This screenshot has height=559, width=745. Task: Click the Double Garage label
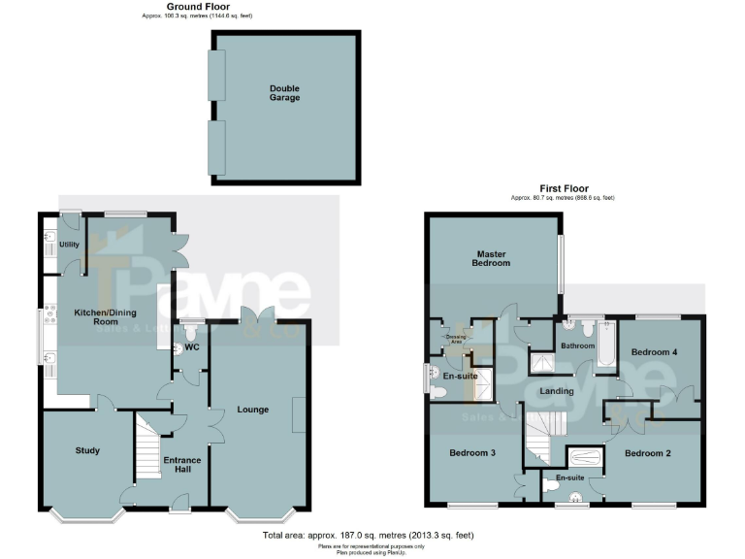coord(284,92)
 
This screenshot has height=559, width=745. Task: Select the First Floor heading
coord(563,188)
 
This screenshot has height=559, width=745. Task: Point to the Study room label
coord(87,450)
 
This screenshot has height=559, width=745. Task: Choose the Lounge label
coord(252,411)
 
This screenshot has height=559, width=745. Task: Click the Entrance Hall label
coord(181,464)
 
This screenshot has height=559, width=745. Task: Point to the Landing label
coord(557,391)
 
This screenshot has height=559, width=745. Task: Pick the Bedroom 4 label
coord(654,352)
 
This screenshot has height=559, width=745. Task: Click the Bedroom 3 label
coord(472,453)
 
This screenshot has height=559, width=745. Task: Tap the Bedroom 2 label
coord(647,453)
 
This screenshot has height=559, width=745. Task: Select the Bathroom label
coord(576,345)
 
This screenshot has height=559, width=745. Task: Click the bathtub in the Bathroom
coord(605,345)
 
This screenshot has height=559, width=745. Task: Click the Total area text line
coord(368,535)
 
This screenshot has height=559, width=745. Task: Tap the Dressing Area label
coord(455,339)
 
